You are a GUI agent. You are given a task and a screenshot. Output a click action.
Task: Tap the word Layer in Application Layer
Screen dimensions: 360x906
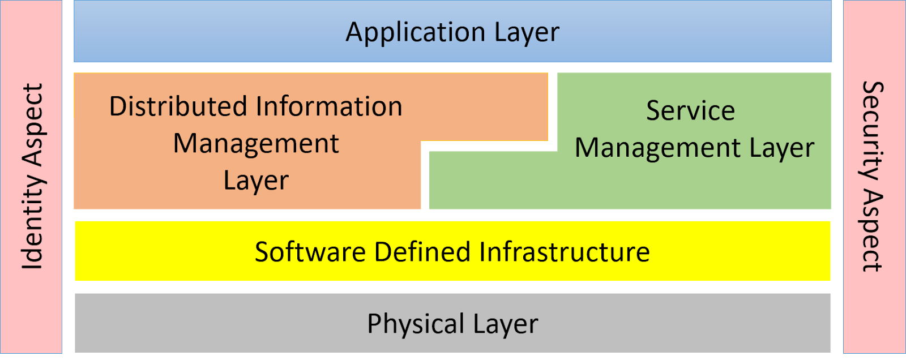[x=527, y=33]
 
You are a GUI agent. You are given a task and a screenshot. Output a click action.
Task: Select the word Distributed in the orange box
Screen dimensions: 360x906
[x=177, y=106]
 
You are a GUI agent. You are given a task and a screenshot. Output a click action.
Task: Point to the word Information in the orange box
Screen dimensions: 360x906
[x=329, y=106]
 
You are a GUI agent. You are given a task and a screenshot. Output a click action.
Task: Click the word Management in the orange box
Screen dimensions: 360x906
[x=256, y=144]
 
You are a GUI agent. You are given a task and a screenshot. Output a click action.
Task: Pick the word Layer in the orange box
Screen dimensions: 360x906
[x=256, y=181]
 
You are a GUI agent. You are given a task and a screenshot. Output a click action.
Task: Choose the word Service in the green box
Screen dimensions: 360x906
[x=690, y=110]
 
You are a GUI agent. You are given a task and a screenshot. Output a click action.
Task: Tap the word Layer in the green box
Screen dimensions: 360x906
[x=782, y=148]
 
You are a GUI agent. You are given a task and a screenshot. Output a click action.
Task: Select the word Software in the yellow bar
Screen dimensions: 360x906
[x=310, y=252]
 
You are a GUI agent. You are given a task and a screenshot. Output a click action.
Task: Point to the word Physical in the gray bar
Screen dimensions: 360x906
[x=416, y=324]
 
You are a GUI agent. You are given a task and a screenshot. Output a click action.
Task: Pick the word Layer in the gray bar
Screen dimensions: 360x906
[x=506, y=324]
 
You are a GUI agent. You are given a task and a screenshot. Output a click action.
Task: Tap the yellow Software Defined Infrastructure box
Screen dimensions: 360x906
[x=170, y=251]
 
